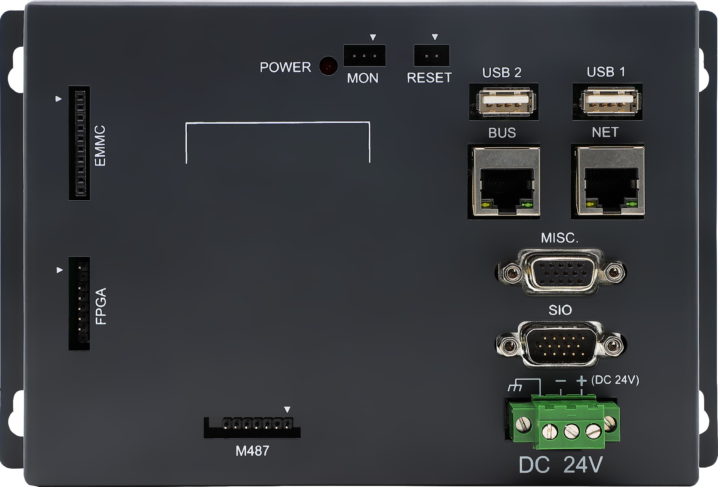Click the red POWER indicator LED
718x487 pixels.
click(x=328, y=66)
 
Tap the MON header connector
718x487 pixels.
click(x=364, y=56)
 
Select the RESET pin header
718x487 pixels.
click(x=432, y=56)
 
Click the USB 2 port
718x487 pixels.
click(x=504, y=102)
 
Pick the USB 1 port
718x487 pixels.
click(x=607, y=102)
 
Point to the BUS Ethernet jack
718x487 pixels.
click(x=504, y=181)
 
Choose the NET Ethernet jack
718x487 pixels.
click(x=608, y=181)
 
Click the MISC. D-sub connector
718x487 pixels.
click(x=560, y=272)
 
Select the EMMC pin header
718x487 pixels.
click(x=79, y=143)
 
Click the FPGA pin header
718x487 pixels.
click(x=79, y=303)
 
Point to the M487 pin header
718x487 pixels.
click(x=252, y=427)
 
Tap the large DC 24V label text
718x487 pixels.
click(x=561, y=465)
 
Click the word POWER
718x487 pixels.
click(x=285, y=67)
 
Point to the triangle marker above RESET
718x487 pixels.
click(x=435, y=37)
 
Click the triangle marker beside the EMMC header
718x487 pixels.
click(x=58, y=99)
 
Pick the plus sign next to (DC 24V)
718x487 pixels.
click(x=581, y=380)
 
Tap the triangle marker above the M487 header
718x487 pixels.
click(x=287, y=410)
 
